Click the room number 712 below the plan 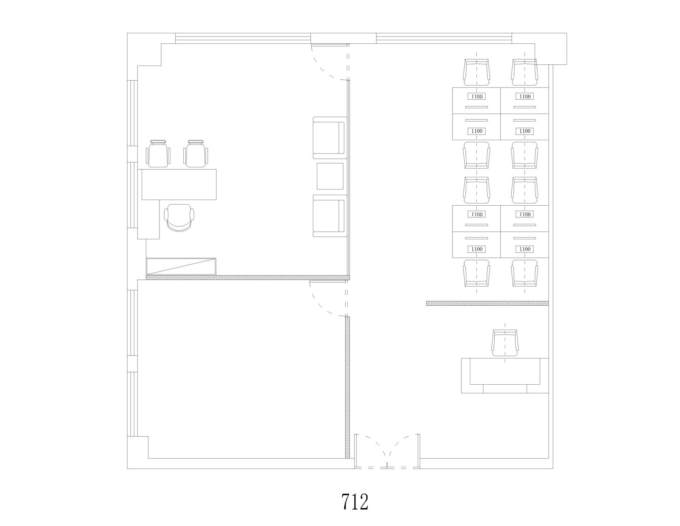click(x=355, y=502)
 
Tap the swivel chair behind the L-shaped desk click(x=180, y=218)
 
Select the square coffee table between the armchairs click(x=330, y=176)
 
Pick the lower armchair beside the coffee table click(x=330, y=216)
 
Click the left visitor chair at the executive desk click(x=158, y=153)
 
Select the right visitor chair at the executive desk click(x=196, y=153)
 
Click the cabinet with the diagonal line click(x=181, y=266)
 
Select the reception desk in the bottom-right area click(x=505, y=376)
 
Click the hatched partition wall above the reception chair click(x=487, y=303)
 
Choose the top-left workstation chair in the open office click(x=476, y=72)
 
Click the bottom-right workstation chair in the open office click(x=525, y=273)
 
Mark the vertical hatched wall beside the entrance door click(x=347, y=388)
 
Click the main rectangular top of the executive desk click(x=179, y=184)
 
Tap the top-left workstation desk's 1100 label click(x=477, y=96)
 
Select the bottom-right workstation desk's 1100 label click(x=525, y=249)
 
